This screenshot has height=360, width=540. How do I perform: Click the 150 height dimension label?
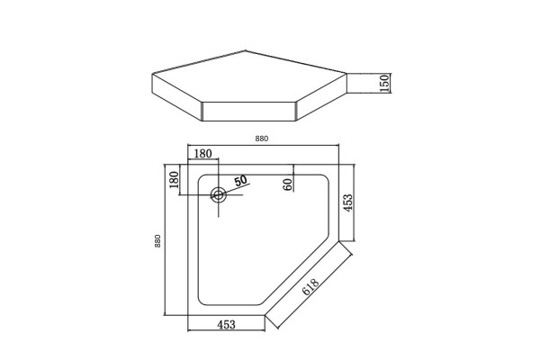(x=384, y=83)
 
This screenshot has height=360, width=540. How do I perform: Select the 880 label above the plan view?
(x=262, y=139)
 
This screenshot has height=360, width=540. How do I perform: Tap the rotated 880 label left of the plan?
(x=157, y=241)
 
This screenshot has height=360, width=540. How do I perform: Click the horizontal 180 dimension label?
(x=202, y=154)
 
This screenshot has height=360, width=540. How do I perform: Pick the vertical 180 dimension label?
(x=175, y=179)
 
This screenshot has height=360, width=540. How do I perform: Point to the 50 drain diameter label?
(x=240, y=181)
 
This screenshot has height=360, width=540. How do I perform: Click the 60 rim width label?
(x=288, y=185)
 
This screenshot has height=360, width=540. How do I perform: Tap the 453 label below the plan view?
(x=226, y=325)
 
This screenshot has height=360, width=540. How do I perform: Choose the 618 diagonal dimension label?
(x=310, y=287)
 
